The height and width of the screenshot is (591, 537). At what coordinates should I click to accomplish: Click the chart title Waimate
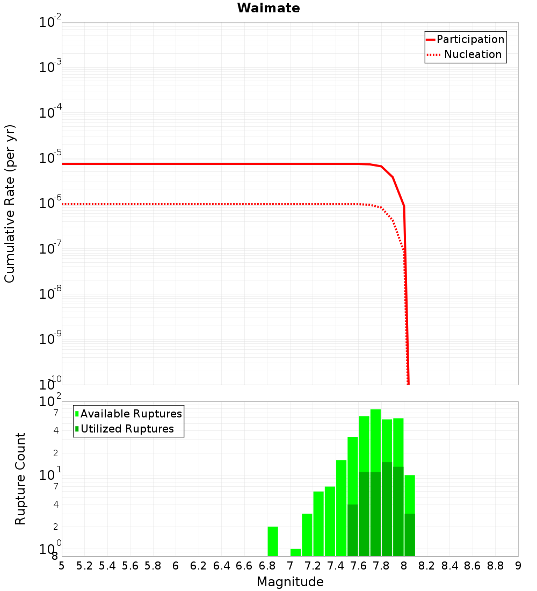coord(268,8)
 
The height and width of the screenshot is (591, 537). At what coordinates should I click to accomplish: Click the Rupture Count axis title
coord(20,479)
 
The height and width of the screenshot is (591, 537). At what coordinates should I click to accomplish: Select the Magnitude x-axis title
coord(290,582)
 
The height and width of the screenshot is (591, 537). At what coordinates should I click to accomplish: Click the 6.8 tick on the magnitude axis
coord(267,566)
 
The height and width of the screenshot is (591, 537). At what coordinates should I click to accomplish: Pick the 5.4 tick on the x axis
coord(107,566)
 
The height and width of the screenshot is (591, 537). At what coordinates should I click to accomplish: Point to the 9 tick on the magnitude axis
coord(518,566)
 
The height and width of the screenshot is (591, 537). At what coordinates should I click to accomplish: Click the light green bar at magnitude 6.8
coord(273,542)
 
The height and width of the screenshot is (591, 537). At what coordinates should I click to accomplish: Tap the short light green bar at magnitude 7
coord(295,552)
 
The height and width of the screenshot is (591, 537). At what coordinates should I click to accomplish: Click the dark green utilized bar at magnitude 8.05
coord(410,535)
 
